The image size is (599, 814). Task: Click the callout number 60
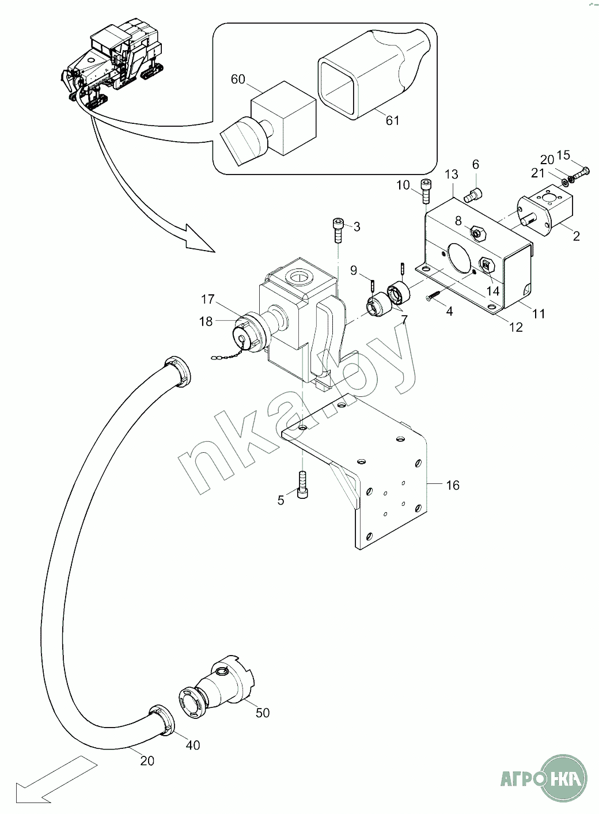pyautogui.click(x=238, y=79)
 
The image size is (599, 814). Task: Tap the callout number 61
pyautogui.click(x=393, y=120)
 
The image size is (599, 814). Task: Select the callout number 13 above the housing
pyautogui.click(x=452, y=174)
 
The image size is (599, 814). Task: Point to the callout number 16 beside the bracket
pyautogui.click(x=453, y=485)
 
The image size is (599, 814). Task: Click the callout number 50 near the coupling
pyautogui.click(x=263, y=723)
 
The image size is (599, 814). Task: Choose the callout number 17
pyautogui.click(x=208, y=300)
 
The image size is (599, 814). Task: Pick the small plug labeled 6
pyautogui.click(x=473, y=195)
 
